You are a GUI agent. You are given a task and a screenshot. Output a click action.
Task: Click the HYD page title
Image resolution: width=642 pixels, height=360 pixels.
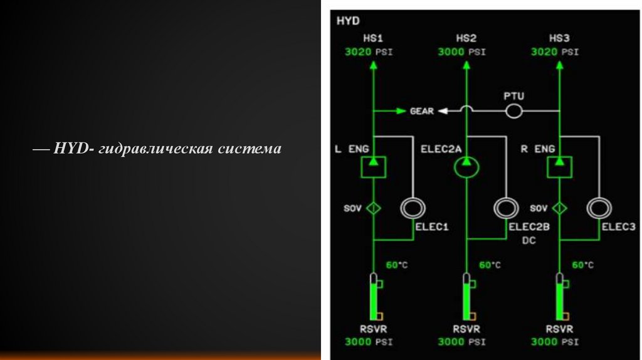tap(348, 21)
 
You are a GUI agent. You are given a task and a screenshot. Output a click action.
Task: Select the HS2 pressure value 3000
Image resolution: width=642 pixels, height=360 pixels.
tap(451, 52)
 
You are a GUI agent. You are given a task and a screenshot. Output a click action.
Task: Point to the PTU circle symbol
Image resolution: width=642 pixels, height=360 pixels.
tap(514, 111)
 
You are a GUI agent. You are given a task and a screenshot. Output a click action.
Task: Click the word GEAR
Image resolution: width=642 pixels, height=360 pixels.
tap(422, 111)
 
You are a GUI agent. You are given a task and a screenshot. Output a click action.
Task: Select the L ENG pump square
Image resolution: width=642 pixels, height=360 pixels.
tap(373, 167)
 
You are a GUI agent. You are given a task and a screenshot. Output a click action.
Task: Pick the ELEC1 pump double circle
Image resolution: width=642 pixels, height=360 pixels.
tap(413, 208)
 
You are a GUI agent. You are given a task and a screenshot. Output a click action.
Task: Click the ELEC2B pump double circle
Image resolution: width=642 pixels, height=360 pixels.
tap(506, 208)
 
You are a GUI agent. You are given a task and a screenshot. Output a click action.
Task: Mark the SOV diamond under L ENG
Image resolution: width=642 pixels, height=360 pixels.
tap(373, 208)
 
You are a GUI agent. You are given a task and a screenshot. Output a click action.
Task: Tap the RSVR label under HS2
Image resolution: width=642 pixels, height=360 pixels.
tap(466, 329)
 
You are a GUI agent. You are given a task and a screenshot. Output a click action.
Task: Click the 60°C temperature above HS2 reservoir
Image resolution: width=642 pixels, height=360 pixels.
tap(490, 265)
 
